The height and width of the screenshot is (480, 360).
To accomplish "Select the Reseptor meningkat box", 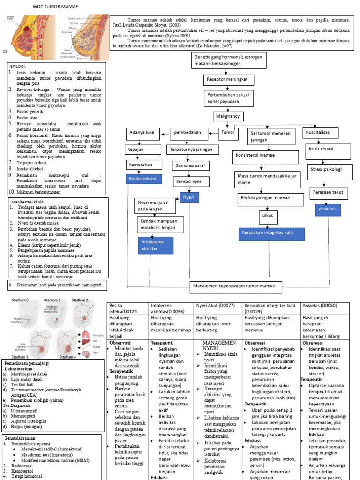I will (x=227, y=80).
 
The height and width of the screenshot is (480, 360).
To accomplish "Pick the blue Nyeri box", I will (x=189, y=198).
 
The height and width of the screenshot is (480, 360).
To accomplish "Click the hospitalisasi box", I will (x=320, y=132).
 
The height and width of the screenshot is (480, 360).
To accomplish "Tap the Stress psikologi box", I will (x=326, y=169).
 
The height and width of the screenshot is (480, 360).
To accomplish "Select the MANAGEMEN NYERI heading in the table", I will (x=217, y=345).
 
